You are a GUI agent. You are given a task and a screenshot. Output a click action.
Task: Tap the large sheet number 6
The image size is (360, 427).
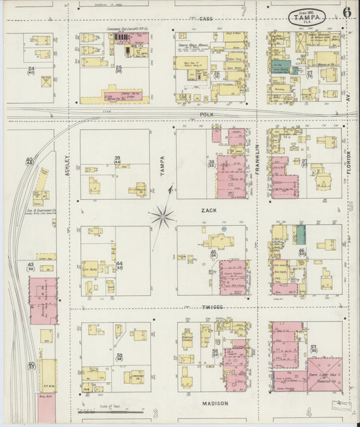point(346,11)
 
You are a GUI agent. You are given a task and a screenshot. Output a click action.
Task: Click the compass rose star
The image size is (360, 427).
point(163,216)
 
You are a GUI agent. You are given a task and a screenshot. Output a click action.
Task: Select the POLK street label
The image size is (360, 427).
point(206,116)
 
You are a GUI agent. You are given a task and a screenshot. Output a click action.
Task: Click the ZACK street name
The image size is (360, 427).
point(207,211)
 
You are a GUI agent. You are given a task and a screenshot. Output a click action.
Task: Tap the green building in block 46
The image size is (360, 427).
point(301,234)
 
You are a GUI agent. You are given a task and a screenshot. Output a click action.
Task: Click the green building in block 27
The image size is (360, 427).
point(281,67)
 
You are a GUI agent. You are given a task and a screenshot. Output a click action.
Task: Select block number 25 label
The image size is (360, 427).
point(119,68)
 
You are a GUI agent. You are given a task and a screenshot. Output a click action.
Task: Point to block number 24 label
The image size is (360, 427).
point(31,70)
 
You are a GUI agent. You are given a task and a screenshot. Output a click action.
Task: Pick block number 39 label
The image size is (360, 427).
point(117,159)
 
